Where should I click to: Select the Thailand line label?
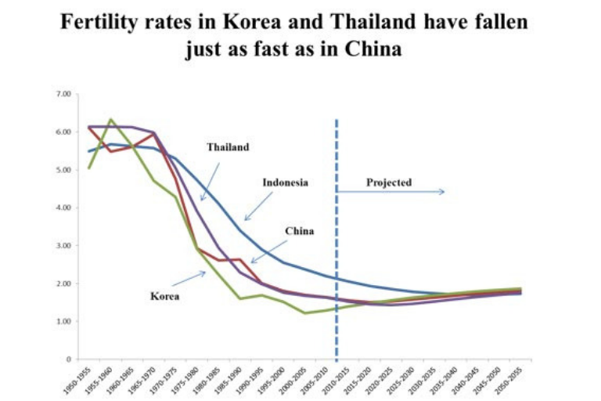point(228,146)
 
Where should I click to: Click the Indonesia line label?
point(286,182)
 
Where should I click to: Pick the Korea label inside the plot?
point(164,296)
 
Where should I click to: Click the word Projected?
point(389,182)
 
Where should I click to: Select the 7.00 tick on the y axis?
point(62,94)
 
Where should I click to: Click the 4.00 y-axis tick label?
point(62,208)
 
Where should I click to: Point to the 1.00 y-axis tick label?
point(62,321)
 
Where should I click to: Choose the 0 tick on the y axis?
point(67,359)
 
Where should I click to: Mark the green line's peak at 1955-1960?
point(111,119)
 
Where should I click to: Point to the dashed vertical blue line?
point(336,235)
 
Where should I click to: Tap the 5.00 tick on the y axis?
point(62,170)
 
